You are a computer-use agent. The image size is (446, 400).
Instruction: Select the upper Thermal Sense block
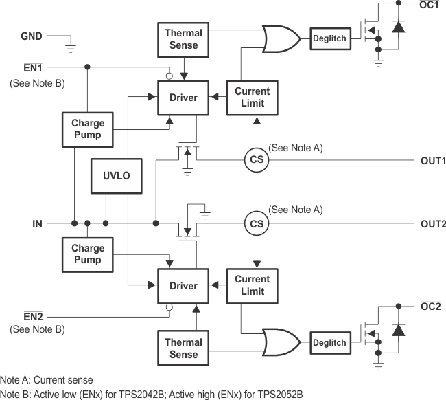pyautogui.click(x=183, y=39)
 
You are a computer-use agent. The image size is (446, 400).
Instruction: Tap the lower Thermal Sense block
pyautogui.click(x=183, y=348)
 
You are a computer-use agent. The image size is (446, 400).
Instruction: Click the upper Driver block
pyautogui.click(x=183, y=98)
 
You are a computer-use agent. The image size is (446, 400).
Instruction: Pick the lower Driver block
pyautogui.click(x=183, y=286)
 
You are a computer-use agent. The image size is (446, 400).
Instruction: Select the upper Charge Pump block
pyautogui.click(x=88, y=129)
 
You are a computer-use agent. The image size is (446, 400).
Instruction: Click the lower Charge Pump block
pyautogui.click(x=88, y=254)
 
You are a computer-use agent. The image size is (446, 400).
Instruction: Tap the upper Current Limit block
pyautogui.click(x=252, y=98)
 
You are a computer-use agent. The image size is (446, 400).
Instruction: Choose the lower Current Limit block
pyautogui.click(x=252, y=285)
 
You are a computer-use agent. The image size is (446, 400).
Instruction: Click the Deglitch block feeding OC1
pyautogui.click(x=330, y=37)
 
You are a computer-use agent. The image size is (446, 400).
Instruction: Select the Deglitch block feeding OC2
pyautogui.click(x=330, y=342)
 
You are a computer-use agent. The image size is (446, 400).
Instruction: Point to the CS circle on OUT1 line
pyautogui.click(x=257, y=160)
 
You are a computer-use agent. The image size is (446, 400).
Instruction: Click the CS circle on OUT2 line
pyautogui.click(x=257, y=223)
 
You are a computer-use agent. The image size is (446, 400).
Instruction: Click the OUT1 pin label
pyautogui.click(x=433, y=161)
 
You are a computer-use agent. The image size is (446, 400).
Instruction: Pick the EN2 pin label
pyautogui.click(x=33, y=317)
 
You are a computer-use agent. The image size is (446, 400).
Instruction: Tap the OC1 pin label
pyautogui.click(x=430, y=5)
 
